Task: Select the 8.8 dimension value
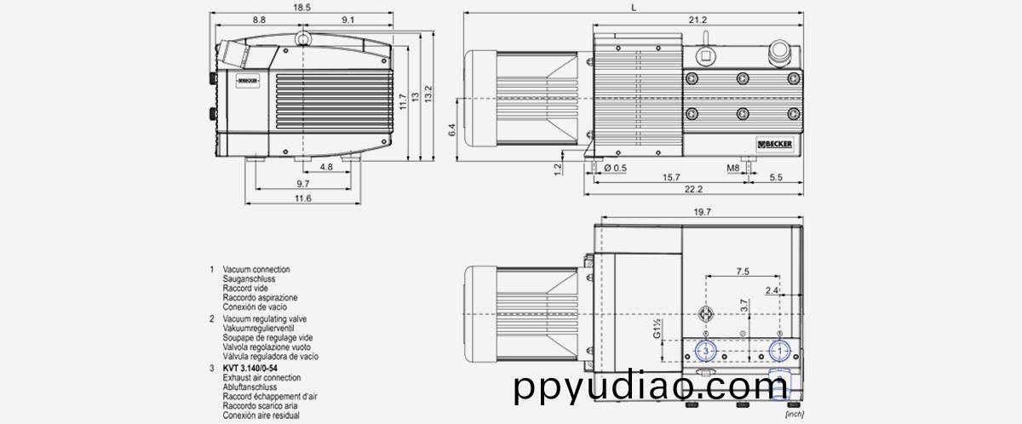pos(259,19)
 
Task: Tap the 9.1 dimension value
pos(348,19)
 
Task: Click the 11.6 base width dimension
pos(303,198)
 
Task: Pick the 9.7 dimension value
pos(303,184)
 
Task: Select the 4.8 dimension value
pos(326,168)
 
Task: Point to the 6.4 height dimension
pos(453,130)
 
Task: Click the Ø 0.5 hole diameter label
pos(614,168)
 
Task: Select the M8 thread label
pos(732,168)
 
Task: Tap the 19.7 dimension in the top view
pos(702,210)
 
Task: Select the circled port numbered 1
pos(777,351)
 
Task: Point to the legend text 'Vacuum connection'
pos(256,268)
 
